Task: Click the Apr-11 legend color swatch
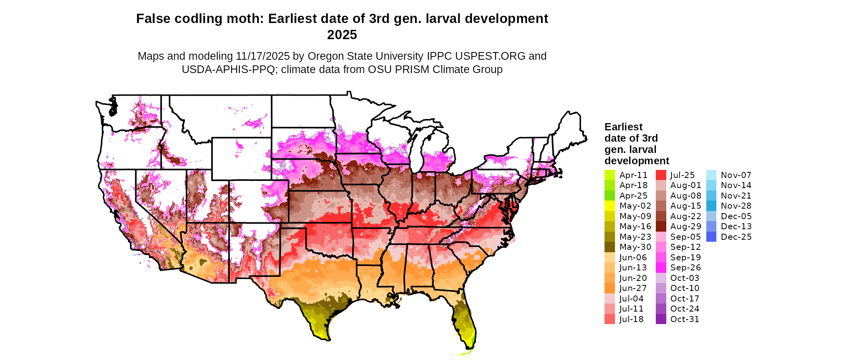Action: coord(610,175)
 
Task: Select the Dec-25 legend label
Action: coord(736,237)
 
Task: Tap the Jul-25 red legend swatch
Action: coord(661,175)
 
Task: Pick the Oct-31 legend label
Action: coord(685,319)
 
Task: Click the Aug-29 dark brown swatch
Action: coord(661,226)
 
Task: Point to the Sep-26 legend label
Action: coord(686,268)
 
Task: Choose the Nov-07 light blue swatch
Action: coord(712,175)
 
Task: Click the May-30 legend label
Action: coord(635,247)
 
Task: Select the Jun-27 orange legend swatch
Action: coord(610,288)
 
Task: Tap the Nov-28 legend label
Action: coord(736,206)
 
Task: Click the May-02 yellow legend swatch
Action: coord(610,206)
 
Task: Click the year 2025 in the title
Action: coord(342,35)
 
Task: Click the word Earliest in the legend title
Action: coord(623,127)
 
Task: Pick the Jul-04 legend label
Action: coord(632,299)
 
